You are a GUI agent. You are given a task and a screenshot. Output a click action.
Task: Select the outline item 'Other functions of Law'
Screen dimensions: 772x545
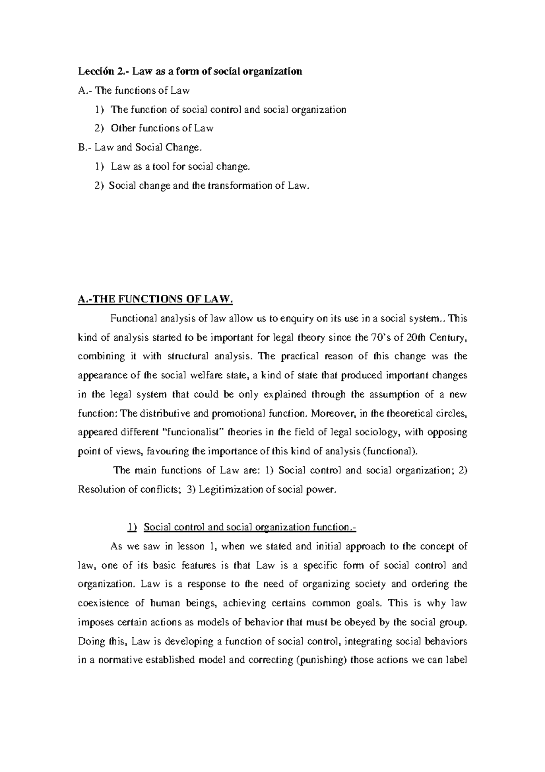[162, 128]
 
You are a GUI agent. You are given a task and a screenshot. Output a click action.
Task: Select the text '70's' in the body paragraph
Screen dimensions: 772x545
[377, 337]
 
